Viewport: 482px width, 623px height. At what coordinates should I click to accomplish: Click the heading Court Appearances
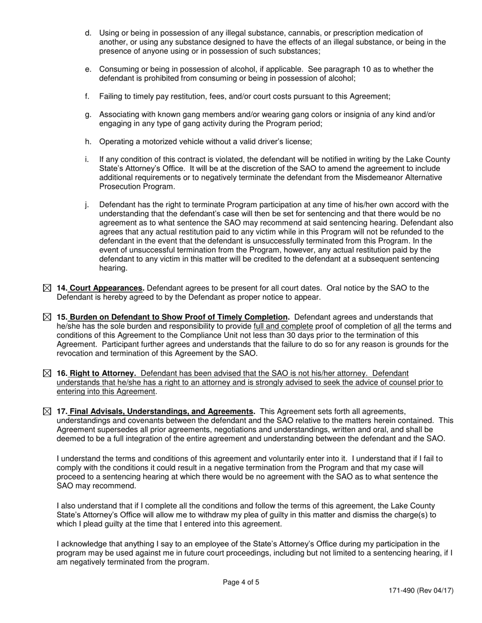click(107, 288)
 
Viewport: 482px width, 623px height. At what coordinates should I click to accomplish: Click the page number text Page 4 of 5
click(241, 582)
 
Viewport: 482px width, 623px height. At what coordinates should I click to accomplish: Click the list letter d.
click(88, 33)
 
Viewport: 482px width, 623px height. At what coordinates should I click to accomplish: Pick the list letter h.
click(88, 142)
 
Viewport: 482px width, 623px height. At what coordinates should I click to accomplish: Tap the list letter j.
click(87, 205)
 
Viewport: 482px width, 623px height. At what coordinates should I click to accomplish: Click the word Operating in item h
click(116, 142)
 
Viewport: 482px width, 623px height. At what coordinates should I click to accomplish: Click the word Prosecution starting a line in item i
click(119, 186)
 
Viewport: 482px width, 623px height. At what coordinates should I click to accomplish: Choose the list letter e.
click(88, 69)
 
